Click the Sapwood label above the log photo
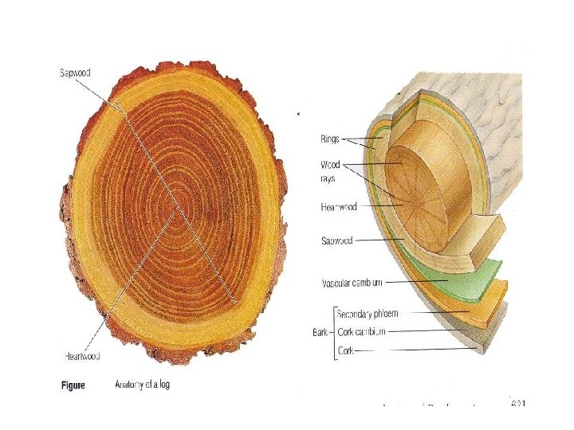tap(76, 72)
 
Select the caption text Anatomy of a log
tap(143, 385)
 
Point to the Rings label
tap(329, 139)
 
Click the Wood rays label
tap(330, 170)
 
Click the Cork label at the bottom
tap(347, 350)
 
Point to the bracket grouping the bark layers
tap(333, 330)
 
